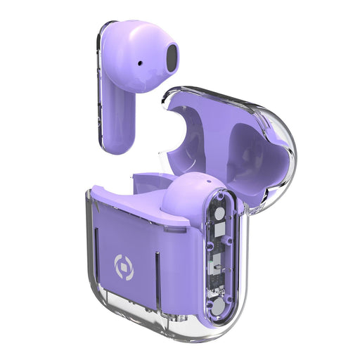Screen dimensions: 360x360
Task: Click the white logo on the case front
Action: (123, 267)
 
